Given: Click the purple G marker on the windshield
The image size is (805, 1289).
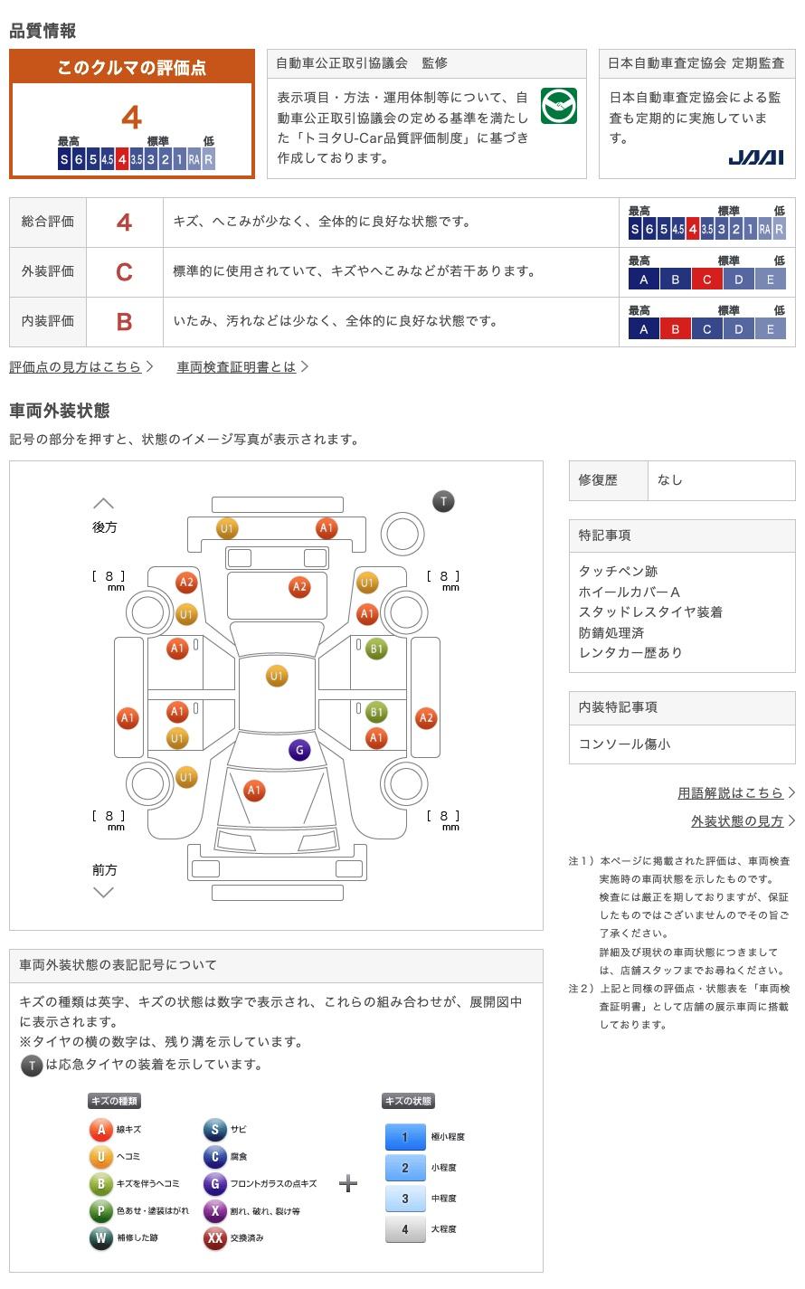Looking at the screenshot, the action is pos(299,750).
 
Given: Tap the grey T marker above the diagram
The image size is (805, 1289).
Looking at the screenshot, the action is pos(443,501).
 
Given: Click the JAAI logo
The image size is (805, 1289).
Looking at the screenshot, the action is pos(756,157).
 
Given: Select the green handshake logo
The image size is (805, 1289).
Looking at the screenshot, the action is pos(558,106).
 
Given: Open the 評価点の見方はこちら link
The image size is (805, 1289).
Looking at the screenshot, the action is pos(75,366).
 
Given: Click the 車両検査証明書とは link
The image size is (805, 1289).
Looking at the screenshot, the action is pos(236,366).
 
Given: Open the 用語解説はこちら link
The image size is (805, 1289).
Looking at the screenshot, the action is pos(730,793).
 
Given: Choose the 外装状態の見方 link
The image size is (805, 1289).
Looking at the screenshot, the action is pos(737,821).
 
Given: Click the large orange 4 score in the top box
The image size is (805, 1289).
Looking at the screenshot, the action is pos(132,118).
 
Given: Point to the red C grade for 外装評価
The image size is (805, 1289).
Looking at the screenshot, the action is pos(124,272).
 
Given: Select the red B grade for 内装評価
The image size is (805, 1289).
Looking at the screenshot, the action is pos(124,322).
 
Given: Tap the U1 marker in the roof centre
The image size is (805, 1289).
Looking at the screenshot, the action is pos(276,676).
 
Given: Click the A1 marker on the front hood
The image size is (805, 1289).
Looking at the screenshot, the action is pos(254,790).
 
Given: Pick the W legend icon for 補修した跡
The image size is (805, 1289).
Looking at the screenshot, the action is pos(100,1237).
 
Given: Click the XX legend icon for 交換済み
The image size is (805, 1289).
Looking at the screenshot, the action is pos(214,1237).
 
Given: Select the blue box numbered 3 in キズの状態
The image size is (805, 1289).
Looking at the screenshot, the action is pos(405,1198).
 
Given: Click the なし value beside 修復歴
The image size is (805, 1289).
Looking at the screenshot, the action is pos(670,480).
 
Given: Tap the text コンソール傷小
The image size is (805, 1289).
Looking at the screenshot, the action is pos(624,744).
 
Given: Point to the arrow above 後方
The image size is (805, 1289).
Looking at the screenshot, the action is pos(104,504).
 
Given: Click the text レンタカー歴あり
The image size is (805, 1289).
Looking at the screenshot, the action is pos(630,652).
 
